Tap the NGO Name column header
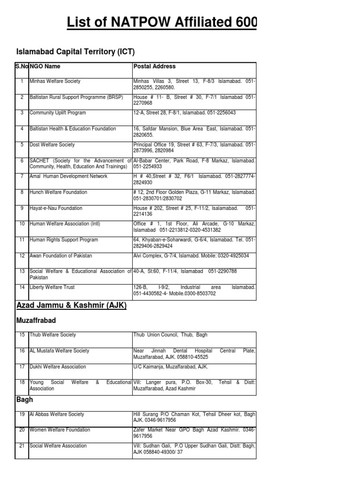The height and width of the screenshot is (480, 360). (x=45, y=67)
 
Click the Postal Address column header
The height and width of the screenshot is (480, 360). (x=155, y=67)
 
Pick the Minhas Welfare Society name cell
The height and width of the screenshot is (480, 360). (x=55, y=82)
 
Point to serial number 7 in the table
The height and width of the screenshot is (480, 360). (x=22, y=176)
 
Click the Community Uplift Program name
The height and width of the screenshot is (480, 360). (x=58, y=113)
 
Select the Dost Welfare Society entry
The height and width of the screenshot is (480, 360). (x=52, y=145)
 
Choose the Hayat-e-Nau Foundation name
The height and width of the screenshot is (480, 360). (x=56, y=208)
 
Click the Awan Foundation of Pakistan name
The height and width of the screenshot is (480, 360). (x=61, y=255)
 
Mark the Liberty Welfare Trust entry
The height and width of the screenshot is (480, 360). (x=52, y=287)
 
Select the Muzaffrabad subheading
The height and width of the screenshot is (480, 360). (x=36, y=321)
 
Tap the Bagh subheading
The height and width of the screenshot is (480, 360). (x=24, y=400)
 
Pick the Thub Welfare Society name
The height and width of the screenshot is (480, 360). (x=52, y=335)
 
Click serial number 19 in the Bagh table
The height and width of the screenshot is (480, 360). (x=22, y=414)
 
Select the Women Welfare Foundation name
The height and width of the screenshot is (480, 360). (x=60, y=430)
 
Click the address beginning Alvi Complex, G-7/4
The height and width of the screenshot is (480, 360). (x=191, y=255)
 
